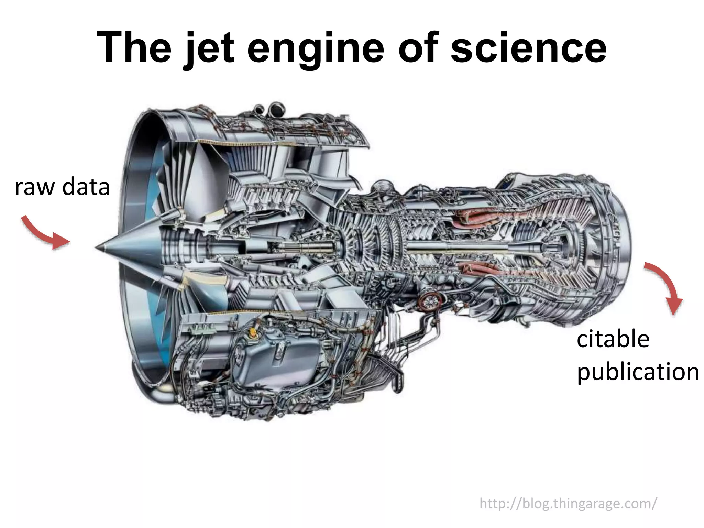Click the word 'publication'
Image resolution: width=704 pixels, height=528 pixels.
pos(638,372)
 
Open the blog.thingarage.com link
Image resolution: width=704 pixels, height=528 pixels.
pos(568,504)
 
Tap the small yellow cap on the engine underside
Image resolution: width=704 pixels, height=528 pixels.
pos(253,332)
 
